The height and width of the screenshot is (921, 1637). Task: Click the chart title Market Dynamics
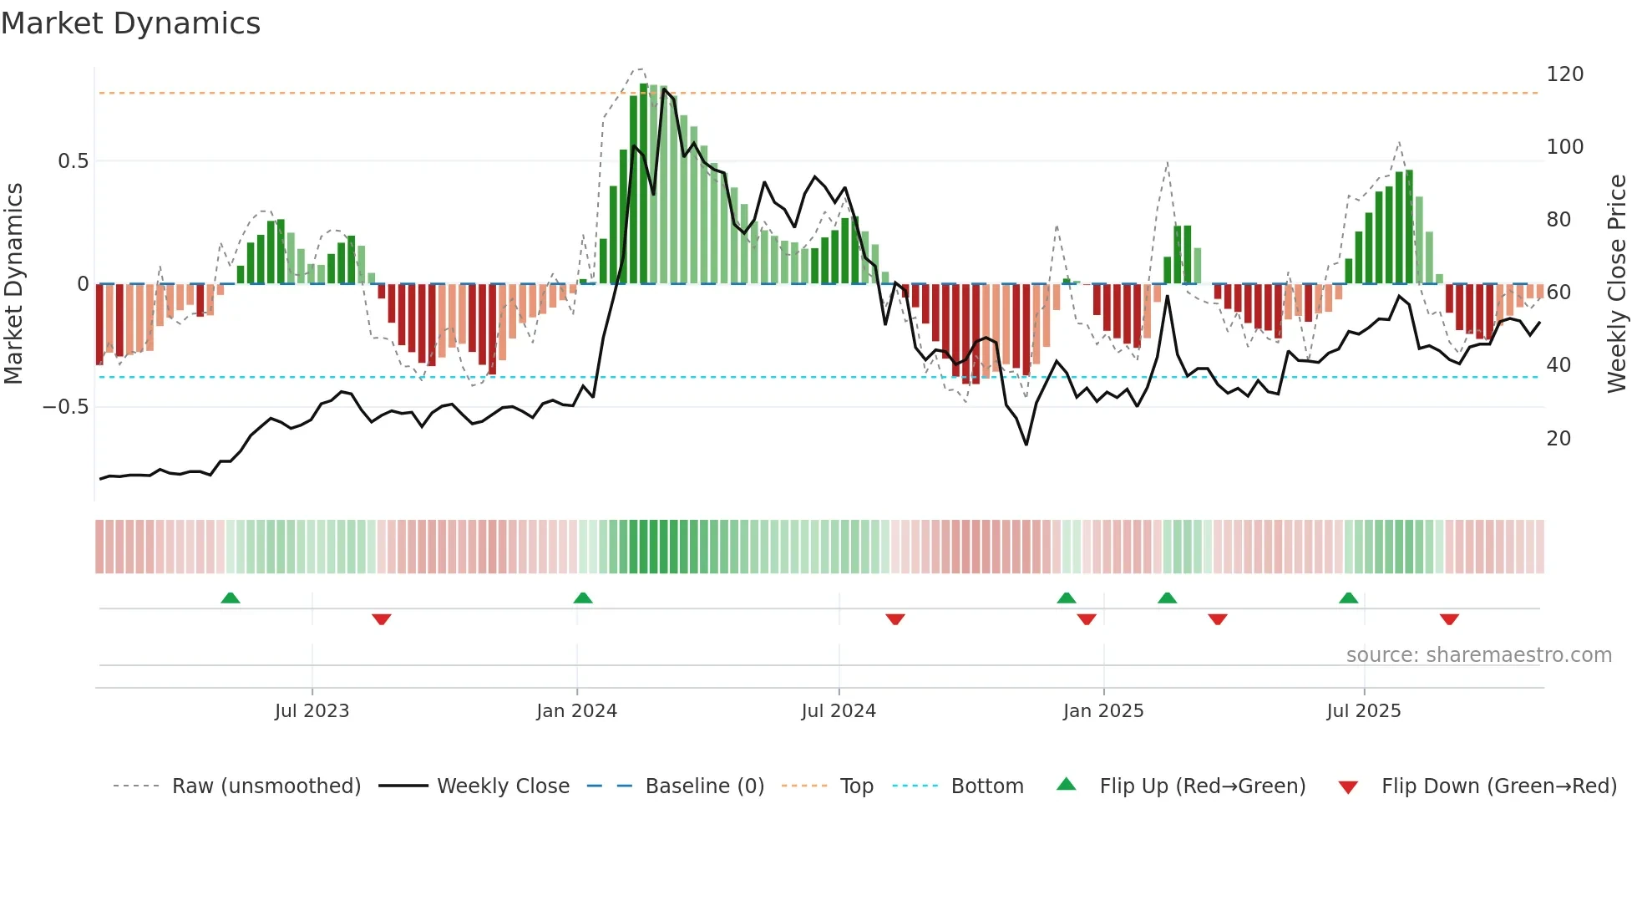coord(130,23)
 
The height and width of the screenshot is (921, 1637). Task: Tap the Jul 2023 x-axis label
coord(312,711)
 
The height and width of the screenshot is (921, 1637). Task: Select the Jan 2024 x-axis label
coord(576,711)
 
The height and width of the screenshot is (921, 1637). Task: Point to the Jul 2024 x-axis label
coord(839,711)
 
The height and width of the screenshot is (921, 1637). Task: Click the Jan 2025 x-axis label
coord(1103,711)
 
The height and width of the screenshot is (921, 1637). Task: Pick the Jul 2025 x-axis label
coord(1364,711)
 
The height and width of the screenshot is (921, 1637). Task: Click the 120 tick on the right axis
coord(1564,74)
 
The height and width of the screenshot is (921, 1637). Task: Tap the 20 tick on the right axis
coord(1558,439)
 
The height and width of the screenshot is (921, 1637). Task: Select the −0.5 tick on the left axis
coord(65,407)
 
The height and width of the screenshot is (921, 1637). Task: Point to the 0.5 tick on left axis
coord(73,161)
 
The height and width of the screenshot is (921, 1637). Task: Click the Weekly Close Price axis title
coord(1617,284)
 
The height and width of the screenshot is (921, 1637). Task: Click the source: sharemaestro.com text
coord(1478,655)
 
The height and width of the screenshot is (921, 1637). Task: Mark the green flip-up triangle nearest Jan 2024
coord(583,598)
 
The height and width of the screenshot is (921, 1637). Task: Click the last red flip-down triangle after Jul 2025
coord(1449,619)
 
